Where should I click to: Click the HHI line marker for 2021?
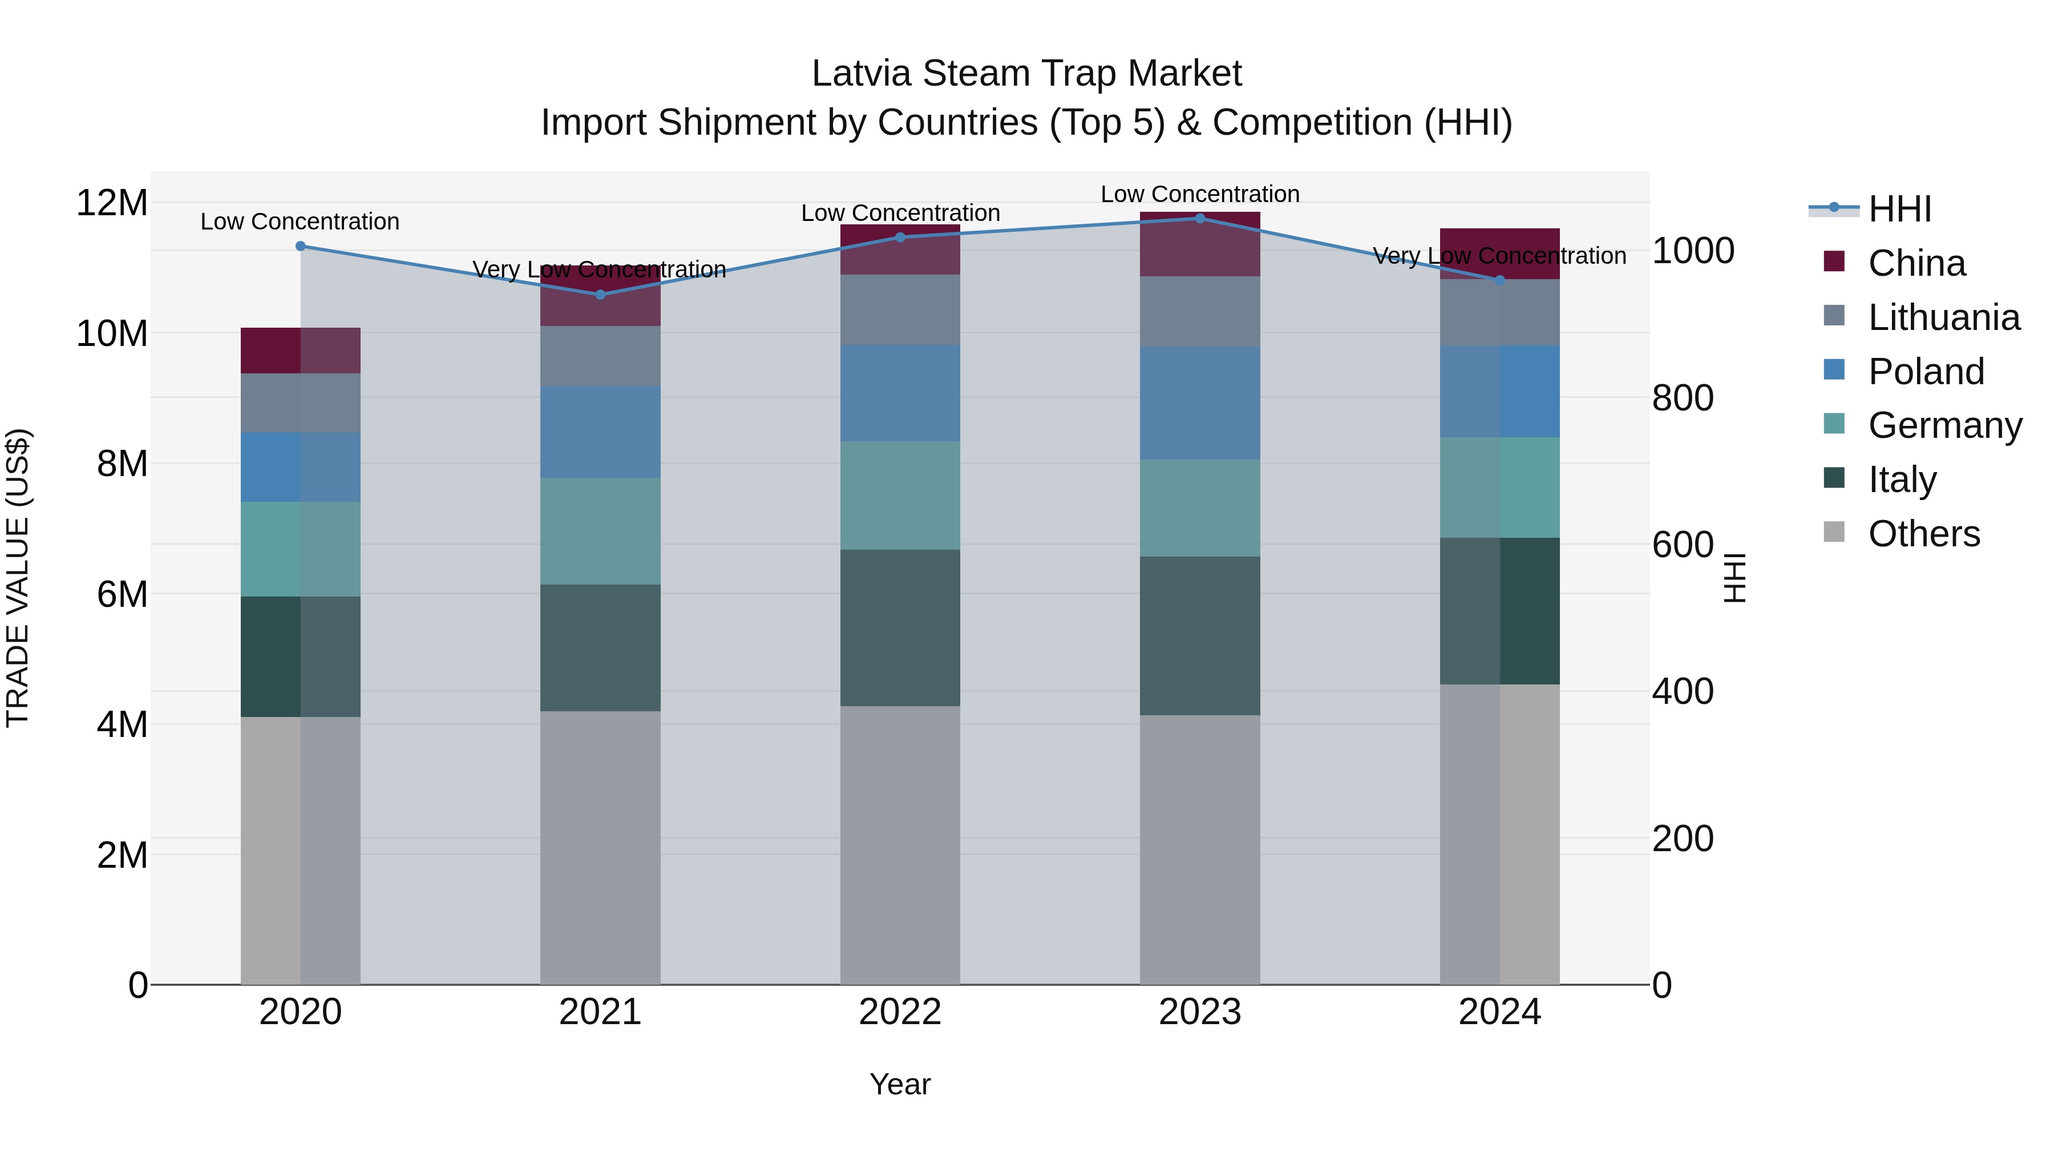pos(600,295)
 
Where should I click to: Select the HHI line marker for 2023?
pos(1200,218)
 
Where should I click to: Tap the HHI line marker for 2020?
pos(301,245)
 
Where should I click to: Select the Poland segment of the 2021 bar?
pos(600,432)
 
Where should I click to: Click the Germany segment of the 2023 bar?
pos(1200,507)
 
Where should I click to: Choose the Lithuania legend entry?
pos(1943,317)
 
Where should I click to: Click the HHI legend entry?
pos(1898,209)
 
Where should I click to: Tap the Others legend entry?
pos(1923,534)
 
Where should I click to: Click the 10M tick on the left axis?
pos(112,333)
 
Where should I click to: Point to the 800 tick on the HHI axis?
pos(1683,397)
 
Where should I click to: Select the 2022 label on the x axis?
pos(900,1012)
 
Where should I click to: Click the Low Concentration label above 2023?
pos(1200,194)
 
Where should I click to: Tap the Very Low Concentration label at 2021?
pos(600,269)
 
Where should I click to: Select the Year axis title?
pos(900,1084)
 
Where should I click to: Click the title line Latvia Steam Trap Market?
pos(1026,74)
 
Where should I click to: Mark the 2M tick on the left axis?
pos(122,855)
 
